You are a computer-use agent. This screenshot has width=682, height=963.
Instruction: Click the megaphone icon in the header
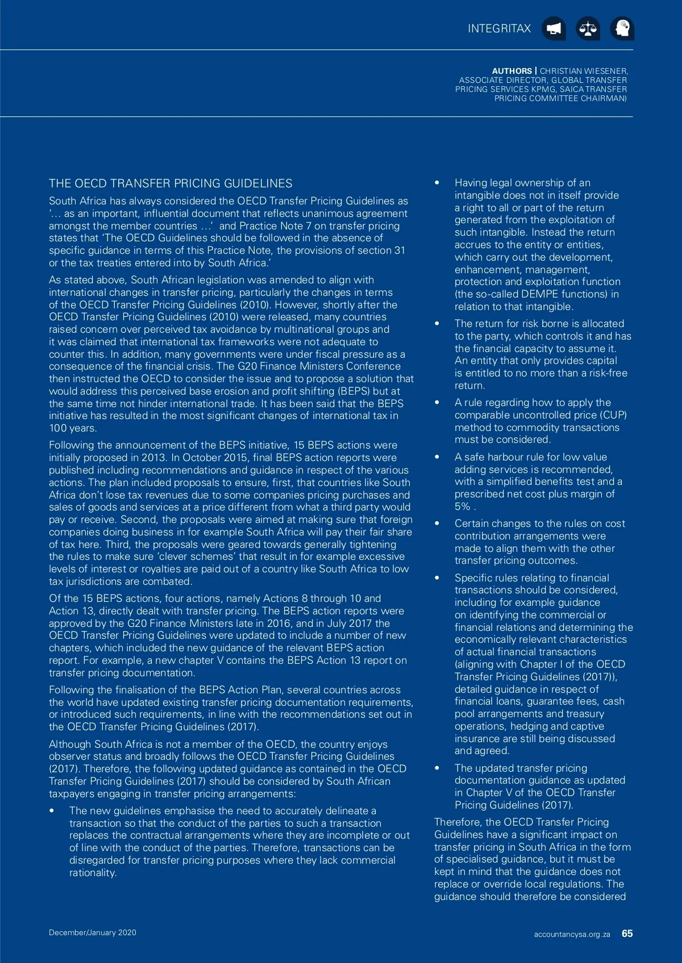[554, 28]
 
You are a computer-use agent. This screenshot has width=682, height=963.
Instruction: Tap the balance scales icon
[588, 28]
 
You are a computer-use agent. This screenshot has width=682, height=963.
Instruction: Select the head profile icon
[622, 28]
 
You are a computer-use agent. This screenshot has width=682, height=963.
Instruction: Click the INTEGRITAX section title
[499, 28]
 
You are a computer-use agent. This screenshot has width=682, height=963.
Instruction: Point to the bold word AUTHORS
[512, 71]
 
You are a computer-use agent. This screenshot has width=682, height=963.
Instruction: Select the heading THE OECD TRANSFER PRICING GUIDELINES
[170, 183]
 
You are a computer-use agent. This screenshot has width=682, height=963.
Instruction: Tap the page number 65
[627, 933]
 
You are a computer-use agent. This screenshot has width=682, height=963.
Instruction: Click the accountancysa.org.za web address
[572, 934]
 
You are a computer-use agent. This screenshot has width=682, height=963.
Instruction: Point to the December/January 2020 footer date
[93, 932]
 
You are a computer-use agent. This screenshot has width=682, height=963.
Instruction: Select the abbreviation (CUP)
[613, 415]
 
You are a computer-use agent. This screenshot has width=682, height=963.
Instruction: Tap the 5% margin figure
[462, 506]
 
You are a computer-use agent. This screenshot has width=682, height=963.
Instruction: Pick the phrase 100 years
[73, 428]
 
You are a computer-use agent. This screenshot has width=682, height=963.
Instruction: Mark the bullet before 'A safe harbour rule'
[437, 457]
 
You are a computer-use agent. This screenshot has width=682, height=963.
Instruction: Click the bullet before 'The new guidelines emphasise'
[52, 811]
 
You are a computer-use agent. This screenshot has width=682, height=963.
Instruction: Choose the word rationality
[93, 873]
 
